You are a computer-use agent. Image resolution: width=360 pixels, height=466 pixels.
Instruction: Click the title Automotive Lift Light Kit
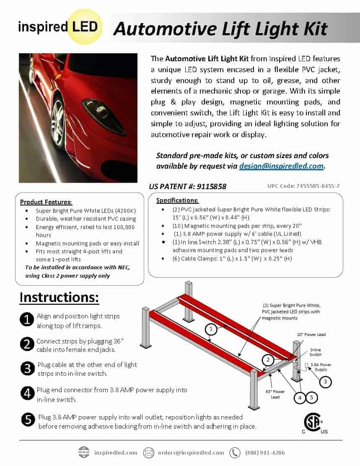(220, 29)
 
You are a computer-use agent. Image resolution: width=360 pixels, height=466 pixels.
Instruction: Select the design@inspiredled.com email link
(281, 166)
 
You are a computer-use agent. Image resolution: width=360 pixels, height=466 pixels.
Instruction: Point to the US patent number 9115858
(187, 187)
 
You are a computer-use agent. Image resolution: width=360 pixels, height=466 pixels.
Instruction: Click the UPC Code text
(303, 186)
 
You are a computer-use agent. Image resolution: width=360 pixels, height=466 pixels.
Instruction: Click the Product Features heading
(46, 202)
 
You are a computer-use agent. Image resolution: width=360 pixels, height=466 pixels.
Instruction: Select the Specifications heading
(177, 200)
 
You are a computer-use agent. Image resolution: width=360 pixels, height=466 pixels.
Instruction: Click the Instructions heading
(59, 297)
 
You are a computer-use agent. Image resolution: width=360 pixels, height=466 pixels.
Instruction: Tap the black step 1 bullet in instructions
(27, 320)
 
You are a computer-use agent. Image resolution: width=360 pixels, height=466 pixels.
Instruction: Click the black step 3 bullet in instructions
(27, 369)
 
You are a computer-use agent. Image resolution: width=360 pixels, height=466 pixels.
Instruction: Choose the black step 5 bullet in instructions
(28, 420)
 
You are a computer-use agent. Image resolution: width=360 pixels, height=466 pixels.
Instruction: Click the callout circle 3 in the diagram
(325, 382)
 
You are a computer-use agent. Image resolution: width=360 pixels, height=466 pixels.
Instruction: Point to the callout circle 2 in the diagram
(268, 360)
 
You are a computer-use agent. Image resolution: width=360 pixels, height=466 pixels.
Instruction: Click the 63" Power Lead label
(275, 394)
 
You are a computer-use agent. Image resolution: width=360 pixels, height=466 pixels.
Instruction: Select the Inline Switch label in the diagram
(316, 352)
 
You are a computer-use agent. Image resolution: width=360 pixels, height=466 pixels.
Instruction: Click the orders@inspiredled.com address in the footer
(191, 453)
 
